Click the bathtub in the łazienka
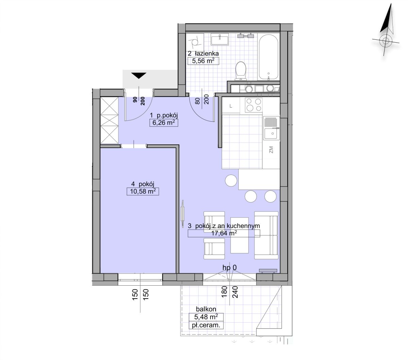tap(269, 57)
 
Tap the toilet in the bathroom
tap(241, 71)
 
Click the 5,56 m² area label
tap(203, 61)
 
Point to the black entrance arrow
tap(139, 76)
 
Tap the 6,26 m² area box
tap(164, 123)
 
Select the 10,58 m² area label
tap(143, 191)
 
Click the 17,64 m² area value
tap(224, 233)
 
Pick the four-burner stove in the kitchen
tap(254, 105)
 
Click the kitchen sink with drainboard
tap(271, 128)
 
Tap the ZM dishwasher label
tap(271, 150)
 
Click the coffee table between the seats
tap(239, 235)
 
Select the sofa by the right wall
tap(266, 235)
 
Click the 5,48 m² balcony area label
tap(206, 317)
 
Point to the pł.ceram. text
tap(206, 325)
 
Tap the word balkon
tap(206, 309)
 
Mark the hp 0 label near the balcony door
tap(230, 268)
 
